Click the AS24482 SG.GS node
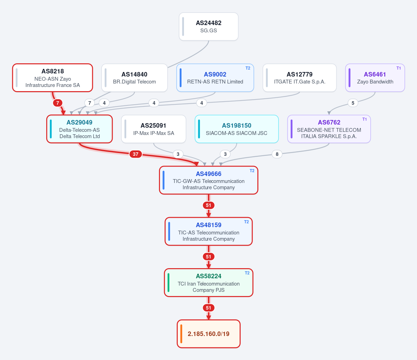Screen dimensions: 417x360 pyautogui.click(x=209, y=26)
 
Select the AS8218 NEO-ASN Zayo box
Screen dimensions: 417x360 pyautogui.click(x=53, y=78)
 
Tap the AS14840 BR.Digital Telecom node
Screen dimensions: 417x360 pyautogui.click(x=135, y=78)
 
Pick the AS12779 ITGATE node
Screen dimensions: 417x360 pyautogui.click(x=299, y=78)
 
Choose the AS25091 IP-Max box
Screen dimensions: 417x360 pyautogui.click(x=153, y=129)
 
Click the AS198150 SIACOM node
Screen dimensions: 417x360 pyautogui.click(x=237, y=129)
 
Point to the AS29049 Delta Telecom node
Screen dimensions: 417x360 pyautogui.click(x=80, y=129)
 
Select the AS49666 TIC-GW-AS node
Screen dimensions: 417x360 pyautogui.click(x=209, y=180)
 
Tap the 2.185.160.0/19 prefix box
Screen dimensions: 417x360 pyautogui.click(x=209, y=334)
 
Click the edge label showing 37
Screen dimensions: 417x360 pyautogui.click(x=136, y=154)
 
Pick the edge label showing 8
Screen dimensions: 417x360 pyautogui.click(x=277, y=154)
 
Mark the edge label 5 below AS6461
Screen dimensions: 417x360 pyautogui.click(x=353, y=103)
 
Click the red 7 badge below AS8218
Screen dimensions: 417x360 pyautogui.click(x=58, y=103)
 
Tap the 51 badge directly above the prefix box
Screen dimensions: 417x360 pyautogui.click(x=209, y=308)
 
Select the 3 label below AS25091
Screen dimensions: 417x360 pyautogui.click(x=178, y=154)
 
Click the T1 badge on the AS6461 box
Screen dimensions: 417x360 pyautogui.click(x=399, y=68)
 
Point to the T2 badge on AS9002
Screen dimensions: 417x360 pyautogui.click(x=248, y=68)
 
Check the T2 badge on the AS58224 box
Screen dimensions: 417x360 pyautogui.click(x=247, y=273)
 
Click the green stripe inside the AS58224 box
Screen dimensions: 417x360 pyautogui.click(x=169, y=283)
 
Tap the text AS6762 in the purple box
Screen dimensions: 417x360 pyautogui.click(x=329, y=122)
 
